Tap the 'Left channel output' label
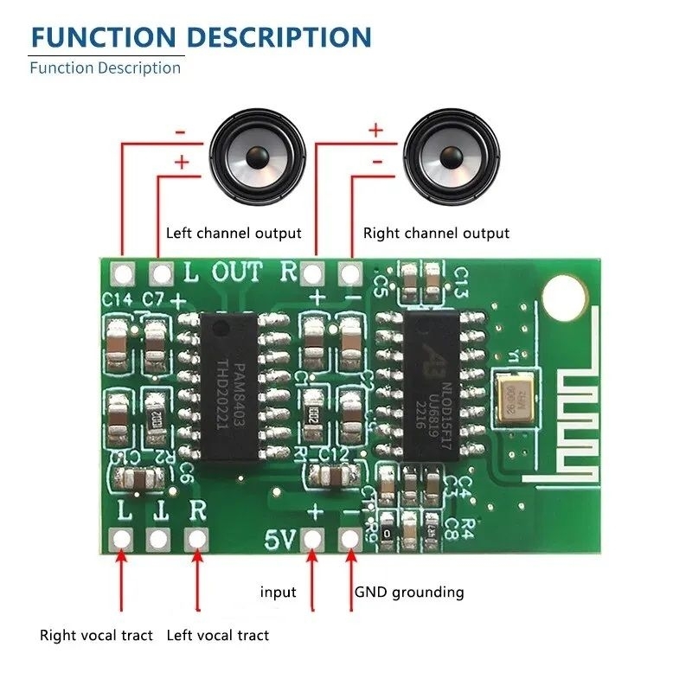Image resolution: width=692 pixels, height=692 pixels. [234, 233]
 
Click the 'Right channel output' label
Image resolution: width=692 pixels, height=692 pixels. [436, 233]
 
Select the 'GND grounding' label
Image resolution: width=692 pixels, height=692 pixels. [409, 593]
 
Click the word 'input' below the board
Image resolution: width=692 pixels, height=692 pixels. [279, 593]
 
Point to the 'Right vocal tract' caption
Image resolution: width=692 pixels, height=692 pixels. [96, 636]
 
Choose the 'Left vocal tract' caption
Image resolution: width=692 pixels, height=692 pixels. [217, 636]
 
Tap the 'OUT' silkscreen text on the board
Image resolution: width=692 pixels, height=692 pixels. [237, 272]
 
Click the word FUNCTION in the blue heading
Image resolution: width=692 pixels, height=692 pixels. [102, 37]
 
